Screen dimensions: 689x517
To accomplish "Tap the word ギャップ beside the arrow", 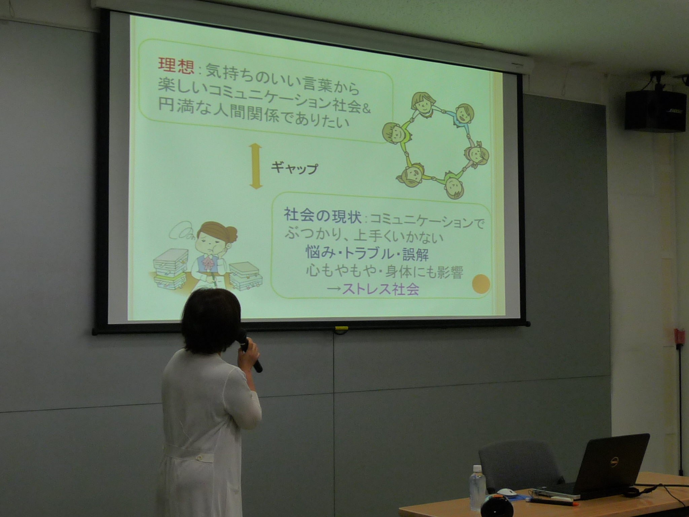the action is [x=294, y=167].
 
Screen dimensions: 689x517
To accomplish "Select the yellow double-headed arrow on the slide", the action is [x=256, y=166].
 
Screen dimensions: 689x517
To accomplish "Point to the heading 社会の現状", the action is [x=322, y=216].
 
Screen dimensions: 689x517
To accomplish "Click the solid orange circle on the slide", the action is [x=481, y=284].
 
